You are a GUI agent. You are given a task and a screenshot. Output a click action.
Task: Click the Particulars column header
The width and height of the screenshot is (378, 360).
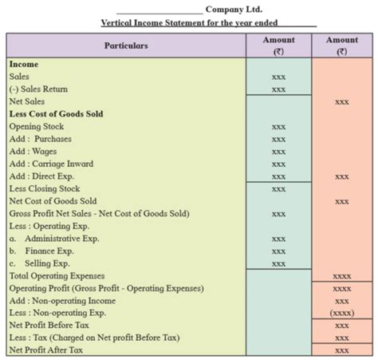[x=126, y=45]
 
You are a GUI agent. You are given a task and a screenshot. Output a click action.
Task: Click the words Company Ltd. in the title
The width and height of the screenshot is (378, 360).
[x=234, y=10]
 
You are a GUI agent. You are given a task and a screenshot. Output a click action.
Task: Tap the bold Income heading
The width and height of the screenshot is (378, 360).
[x=24, y=64]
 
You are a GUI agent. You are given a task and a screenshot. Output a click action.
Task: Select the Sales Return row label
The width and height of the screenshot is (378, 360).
[x=38, y=89]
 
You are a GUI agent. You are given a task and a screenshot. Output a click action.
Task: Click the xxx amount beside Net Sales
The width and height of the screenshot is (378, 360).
[x=342, y=102]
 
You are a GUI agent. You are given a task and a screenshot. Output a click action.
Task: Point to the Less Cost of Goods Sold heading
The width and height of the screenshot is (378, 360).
[x=56, y=114]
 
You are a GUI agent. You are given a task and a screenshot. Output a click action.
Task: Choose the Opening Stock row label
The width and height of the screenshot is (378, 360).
[x=37, y=126]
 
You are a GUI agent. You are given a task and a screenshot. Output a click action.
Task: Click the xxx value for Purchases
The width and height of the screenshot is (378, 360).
[x=278, y=139]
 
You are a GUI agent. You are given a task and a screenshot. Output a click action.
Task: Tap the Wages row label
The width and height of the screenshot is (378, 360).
[x=33, y=152]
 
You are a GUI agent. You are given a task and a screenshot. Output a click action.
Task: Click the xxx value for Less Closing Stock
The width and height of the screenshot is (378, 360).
[x=278, y=189]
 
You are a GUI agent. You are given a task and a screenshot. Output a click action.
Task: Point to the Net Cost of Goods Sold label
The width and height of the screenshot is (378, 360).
[x=53, y=201]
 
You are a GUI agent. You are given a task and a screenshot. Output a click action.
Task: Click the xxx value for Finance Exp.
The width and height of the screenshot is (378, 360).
[x=278, y=251]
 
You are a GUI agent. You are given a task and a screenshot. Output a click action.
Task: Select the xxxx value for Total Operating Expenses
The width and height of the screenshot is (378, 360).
[x=342, y=276]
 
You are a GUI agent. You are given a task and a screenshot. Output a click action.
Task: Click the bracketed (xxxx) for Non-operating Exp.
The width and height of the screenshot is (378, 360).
[x=342, y=313]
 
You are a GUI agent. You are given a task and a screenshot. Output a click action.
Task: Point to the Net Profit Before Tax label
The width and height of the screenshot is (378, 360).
[x=49, y=325]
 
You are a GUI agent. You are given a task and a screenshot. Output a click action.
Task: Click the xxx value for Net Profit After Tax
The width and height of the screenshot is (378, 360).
[x=342, y=350]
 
